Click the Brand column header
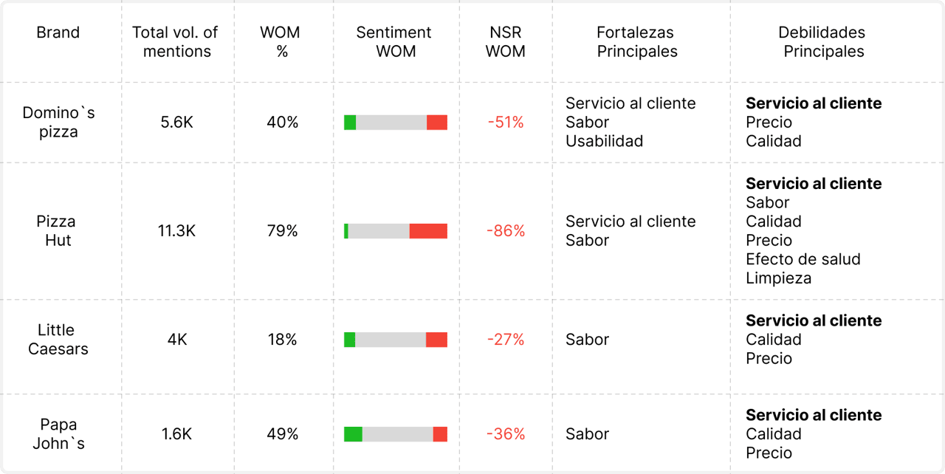(58, 32)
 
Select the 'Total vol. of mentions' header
(176, 42)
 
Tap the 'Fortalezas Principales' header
(636, 42)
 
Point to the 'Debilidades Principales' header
(822, 42)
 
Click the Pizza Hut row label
(57, 231)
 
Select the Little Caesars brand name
(58, 340)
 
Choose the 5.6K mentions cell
(176, 123)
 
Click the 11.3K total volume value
(176, 231)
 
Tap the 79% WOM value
(282, 231)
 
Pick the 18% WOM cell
(282, 340)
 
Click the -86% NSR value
(506, 231)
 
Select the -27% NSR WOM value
(506, 340)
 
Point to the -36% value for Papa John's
(506, 434)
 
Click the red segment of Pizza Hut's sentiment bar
(428, 231)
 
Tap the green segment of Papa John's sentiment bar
(353, 434)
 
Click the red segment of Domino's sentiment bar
(437, 123)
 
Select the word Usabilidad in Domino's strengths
(604, 141)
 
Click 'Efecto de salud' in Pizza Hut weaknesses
(803, 259)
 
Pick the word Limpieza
(778, 278)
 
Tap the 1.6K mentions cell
(176, 434)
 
